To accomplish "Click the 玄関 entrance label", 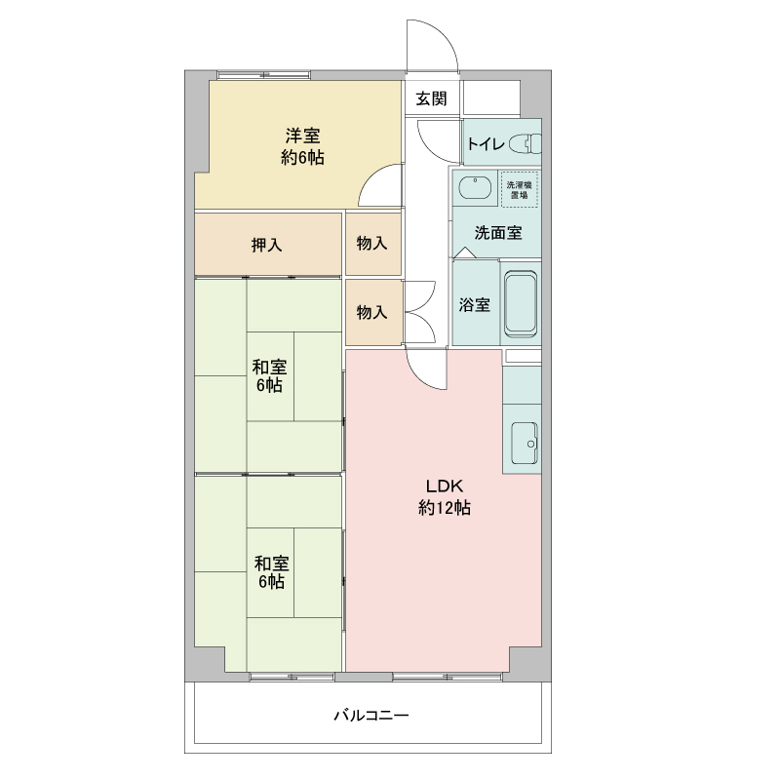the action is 431,98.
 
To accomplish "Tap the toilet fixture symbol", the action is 525,143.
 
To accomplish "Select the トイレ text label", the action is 486,144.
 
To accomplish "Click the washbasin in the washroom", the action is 475,187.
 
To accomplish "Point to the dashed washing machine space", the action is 520,189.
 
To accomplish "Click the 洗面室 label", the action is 498,232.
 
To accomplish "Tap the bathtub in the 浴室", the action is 521,304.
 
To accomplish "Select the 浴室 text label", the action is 474,305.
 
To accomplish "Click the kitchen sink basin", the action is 525,443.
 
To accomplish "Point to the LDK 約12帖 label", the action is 445,496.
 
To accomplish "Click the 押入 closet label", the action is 266,245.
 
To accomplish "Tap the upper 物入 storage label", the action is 371,243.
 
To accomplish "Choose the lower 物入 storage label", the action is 371,312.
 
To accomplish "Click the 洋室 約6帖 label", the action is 302,147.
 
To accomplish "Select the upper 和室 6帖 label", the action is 270,376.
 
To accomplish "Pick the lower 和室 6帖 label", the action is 271,572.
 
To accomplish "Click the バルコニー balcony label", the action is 371,716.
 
